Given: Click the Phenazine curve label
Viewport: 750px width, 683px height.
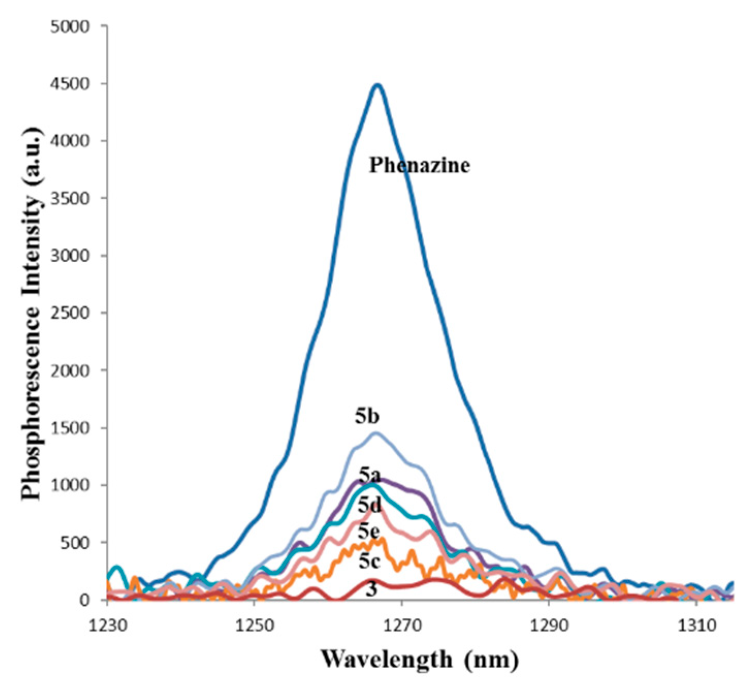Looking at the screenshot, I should pyautogui.click(x=419, y=165).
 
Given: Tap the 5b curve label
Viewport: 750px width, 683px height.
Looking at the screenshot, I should pyautogui.click(x=367, y=416).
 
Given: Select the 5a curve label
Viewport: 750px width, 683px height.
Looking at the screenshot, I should pyautogui.click(x=369, y=475).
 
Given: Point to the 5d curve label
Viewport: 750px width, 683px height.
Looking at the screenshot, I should pyautogui.click(x=369, y=504).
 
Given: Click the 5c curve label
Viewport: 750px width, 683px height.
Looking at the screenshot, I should pyautogui.click(x=369, y=561).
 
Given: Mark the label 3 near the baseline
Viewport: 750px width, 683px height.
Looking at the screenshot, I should pyautogui.click(x=371, y=589).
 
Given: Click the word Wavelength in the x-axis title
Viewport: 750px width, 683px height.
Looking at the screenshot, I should pyautogui.click(x=386, y=659).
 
